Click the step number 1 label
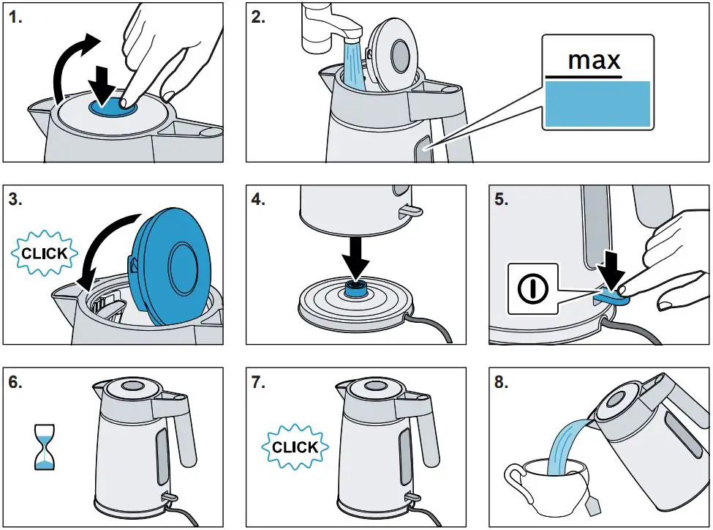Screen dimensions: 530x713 16,18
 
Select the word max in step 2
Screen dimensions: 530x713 595,60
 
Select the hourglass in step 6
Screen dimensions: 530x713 45,447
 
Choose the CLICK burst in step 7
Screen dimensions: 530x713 295,447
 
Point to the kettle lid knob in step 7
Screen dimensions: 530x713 377,385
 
